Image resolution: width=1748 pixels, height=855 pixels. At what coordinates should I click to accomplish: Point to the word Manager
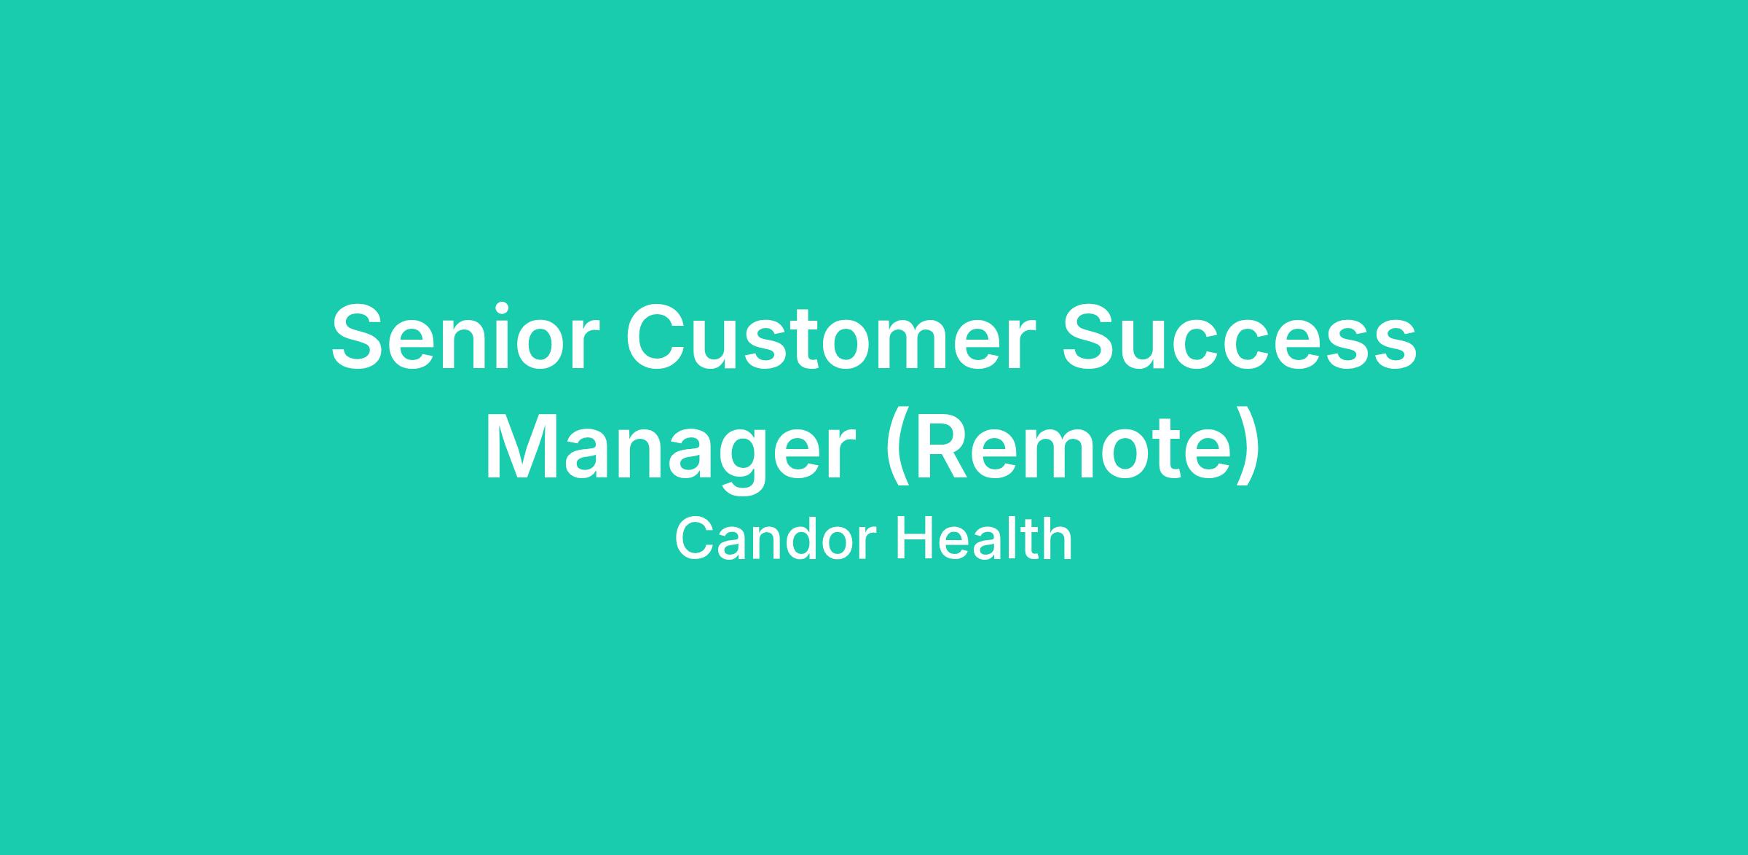(x=670, y=450)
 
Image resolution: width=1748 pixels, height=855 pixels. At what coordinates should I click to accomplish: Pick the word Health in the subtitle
(x=983, y=539)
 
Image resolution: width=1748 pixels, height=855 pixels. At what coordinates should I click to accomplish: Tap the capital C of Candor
(x=694, y=538)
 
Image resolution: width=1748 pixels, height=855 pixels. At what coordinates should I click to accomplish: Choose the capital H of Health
(x=913, y=538)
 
